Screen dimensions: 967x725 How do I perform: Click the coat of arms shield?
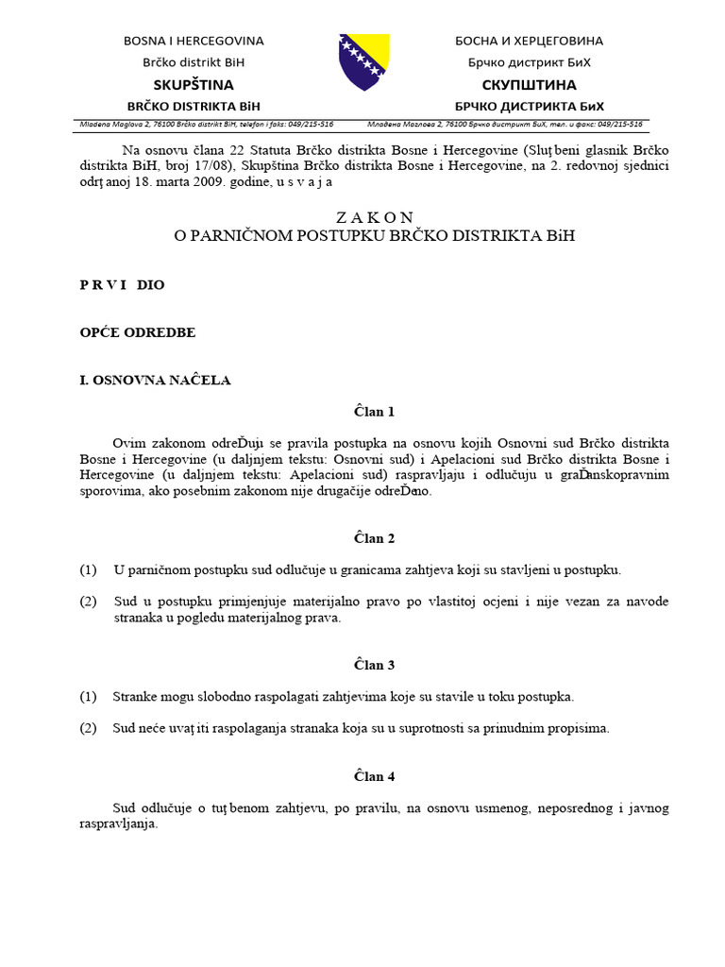363,62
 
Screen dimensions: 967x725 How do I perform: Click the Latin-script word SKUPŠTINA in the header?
194,85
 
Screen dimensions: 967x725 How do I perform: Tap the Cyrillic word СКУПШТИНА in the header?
529,85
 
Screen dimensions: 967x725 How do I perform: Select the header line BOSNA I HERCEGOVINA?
194,41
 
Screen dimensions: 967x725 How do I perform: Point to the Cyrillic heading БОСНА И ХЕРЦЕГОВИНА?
529,41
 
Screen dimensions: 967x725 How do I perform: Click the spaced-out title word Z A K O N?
375,216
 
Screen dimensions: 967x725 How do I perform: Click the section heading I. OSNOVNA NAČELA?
155,381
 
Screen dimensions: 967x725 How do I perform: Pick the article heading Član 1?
375,412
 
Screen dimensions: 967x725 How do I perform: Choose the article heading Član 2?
375,538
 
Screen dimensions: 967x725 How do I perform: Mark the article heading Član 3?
375,665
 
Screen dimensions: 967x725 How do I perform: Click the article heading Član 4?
375,776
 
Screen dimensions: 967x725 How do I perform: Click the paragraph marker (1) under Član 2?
89,569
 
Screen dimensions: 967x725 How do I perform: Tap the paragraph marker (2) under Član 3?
89,728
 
